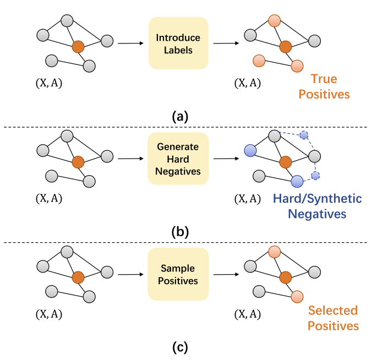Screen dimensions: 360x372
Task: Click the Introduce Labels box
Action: (x=178, y=43)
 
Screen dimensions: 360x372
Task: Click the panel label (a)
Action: (x=180, y=116)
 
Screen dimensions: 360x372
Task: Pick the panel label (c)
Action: (x=180, y=347)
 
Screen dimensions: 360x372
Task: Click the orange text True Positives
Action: (x=324, y=86)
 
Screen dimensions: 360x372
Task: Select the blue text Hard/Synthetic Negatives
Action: (x=318, y=205)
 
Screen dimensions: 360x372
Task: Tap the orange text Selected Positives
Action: (x=333, y=318)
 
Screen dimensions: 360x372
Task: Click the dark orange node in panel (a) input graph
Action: (x=78, y=47)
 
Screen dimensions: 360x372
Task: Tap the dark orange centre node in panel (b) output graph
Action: (x=285, y=162)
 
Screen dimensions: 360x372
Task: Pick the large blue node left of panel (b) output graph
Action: (x=250, y=150)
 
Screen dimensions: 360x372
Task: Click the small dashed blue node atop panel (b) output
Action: (x=304, y=134)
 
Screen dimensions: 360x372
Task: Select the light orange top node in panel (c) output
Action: (x=275, y=252)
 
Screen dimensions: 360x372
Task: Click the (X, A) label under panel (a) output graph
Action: (x=247, y=84)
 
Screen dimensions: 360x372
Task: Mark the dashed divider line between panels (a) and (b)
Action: (x=186, y=127)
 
